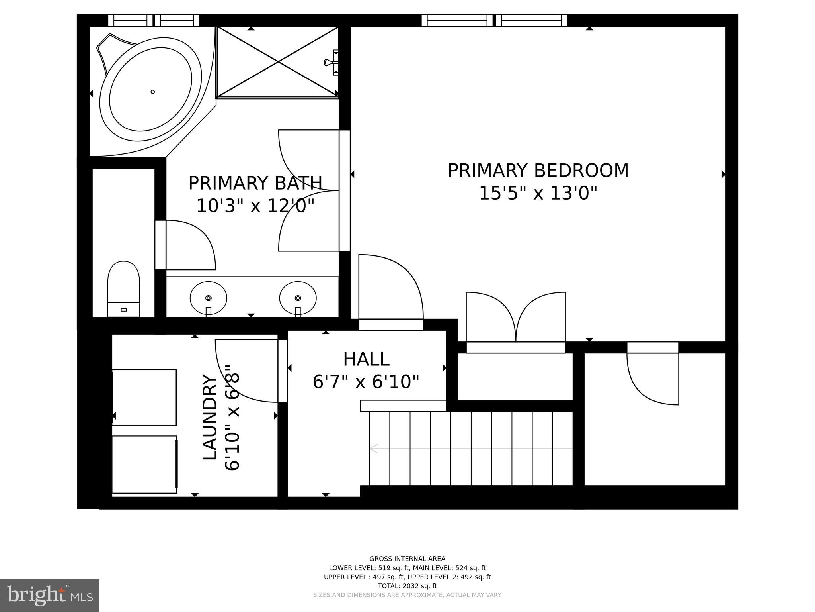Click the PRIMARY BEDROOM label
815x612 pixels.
pyautogui.click(x=538, y=171)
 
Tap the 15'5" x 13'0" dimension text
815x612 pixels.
pyautogui.click(x=538, y=194)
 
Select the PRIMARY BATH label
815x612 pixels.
pyautogui.click(x=255, y=183)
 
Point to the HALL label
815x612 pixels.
pyautogui.click(x=366, y=359)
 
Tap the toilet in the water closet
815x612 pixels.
pyautogui.click(x=124, y=289)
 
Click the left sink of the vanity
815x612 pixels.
pyautogui.click(x=209, y=298)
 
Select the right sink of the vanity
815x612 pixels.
pyautogui.click(x=298, y=298)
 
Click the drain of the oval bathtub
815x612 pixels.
pyautogui.click(x=152, y=92)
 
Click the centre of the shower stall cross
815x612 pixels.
pyautogui.click(x=278, y=62)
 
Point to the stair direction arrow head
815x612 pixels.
pyautogui.click(x=374, y=449)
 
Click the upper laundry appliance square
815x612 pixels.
pyautogui.click(x=144, y=397)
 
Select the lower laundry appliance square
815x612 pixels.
pyautogui.click(x=144, y=465)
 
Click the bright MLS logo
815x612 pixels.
pyautogui.click(x=50, y=595)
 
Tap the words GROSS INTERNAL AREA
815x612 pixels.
pyautogui.click(x=407, y=559)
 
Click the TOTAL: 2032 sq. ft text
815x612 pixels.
pyautogui.click(x=407, y=586)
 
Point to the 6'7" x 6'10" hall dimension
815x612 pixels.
pyautogui.click(x=366, y=382)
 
